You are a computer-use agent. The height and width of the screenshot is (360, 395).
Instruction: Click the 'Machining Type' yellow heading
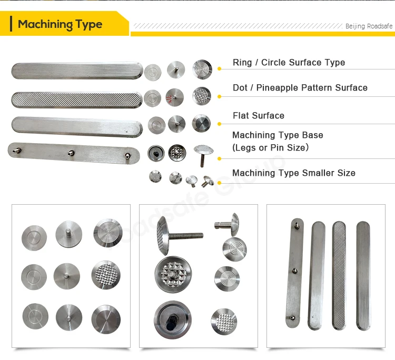[x=60, y=24]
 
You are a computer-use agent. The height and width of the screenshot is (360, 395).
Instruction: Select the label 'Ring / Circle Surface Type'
[x=289, y=63]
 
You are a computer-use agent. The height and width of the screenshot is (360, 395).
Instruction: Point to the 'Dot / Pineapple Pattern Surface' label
[x=300, y=88]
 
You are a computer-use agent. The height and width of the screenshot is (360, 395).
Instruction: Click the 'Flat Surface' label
[x=258, y=116]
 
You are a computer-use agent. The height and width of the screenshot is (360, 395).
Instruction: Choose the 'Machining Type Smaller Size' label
[x=293, y=173]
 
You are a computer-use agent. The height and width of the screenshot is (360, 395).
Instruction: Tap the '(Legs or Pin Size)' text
[x=270, y=148]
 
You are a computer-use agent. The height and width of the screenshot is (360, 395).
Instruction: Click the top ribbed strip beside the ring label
[x=77, y=71]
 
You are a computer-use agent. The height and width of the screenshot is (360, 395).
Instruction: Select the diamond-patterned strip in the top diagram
[x=77, y=98]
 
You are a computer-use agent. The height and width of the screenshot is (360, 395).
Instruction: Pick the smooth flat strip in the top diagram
[x=77, y=126]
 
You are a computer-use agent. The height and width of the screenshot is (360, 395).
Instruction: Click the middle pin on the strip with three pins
[x=70, y=153]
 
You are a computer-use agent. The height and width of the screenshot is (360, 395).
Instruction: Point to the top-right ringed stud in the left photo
[x=107, y=233]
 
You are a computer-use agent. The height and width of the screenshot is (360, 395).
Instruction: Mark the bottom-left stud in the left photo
[x=35, y=317]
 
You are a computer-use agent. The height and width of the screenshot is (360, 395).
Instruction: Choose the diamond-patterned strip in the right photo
[x=340, y=275]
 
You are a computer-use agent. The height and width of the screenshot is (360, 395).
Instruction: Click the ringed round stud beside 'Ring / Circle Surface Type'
[x=202, y=69]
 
